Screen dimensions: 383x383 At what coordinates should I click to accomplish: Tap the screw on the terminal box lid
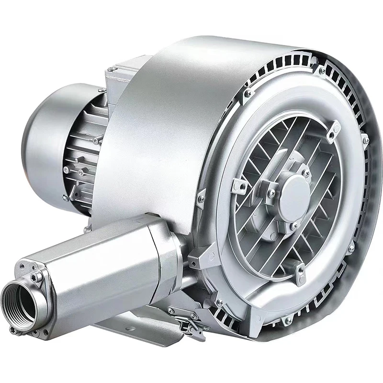pyautogui.click(x=111, y=69)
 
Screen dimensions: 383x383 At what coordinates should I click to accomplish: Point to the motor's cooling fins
pyautogui.click(x=89, y=153)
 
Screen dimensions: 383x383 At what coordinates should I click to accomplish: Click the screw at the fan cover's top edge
pyautogui.click(x=101, y=90)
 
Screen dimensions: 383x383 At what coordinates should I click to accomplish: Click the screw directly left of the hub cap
pyautogui.click(x=271, y=192)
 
